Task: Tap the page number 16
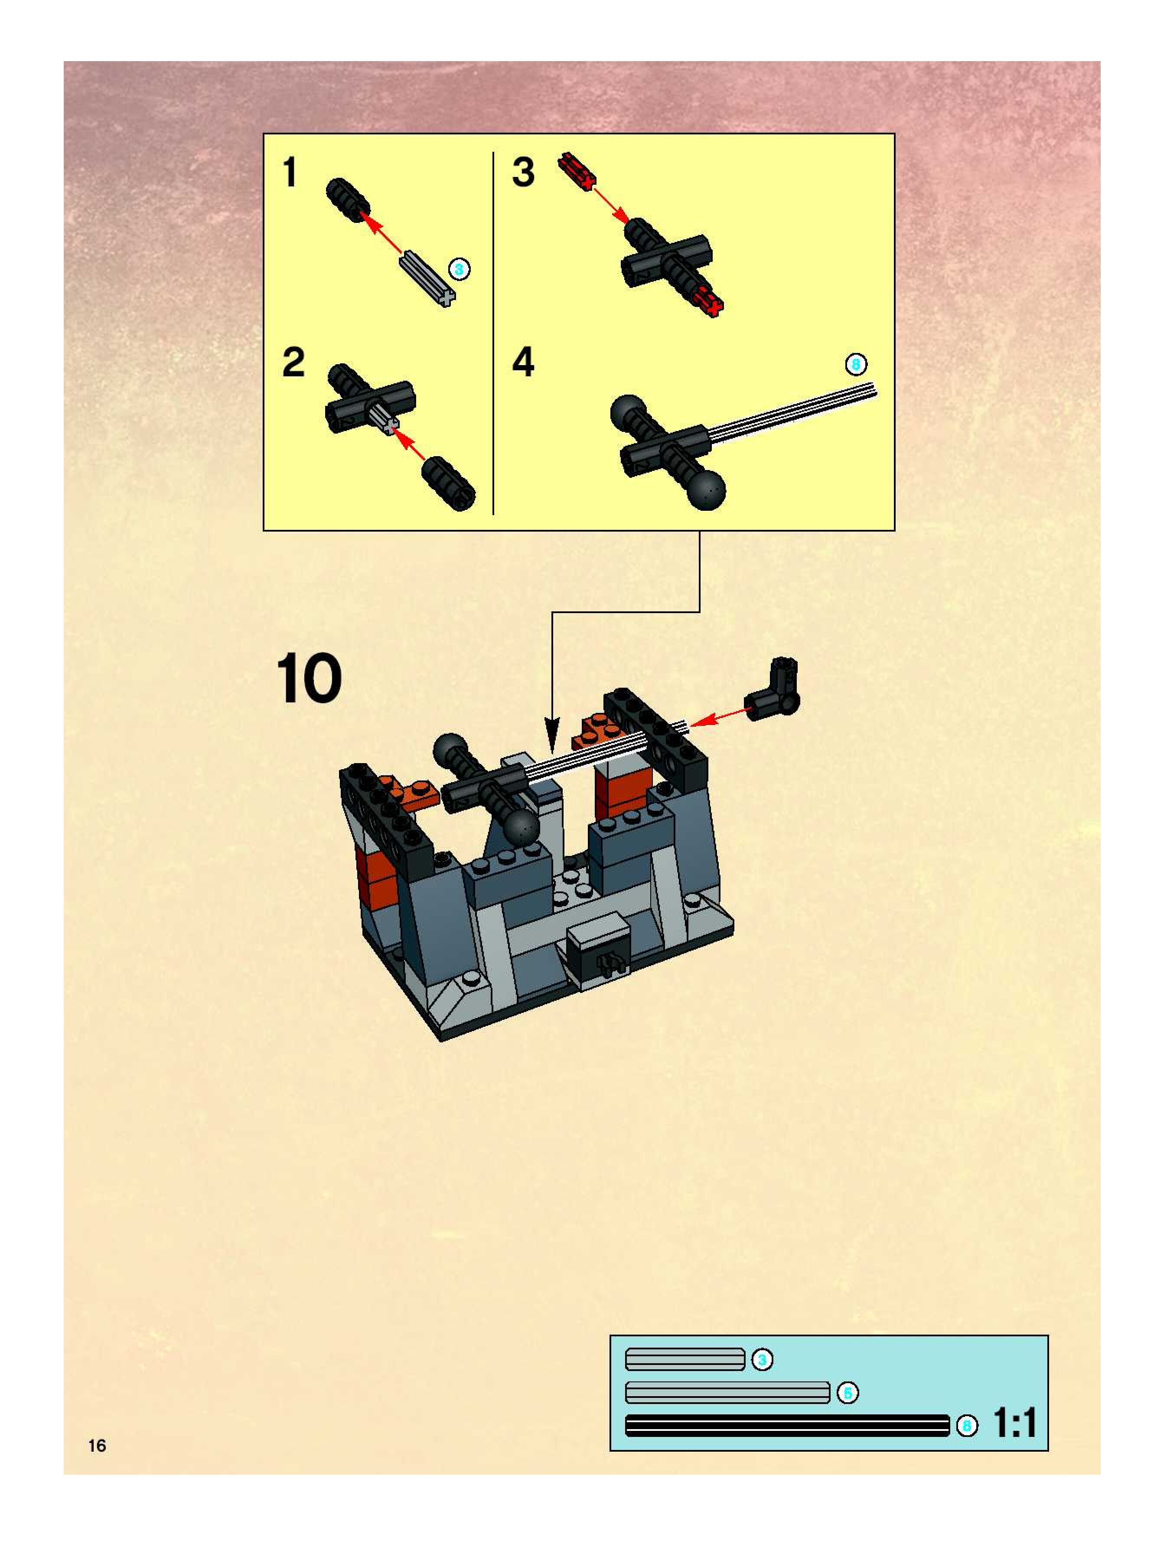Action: coord(97,1446)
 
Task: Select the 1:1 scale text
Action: coord(1014,1423)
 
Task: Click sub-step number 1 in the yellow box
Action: coord(290,172)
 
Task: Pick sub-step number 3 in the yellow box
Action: coord(523,172)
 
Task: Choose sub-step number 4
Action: coord(523,362)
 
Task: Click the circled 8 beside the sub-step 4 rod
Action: coord(856,364)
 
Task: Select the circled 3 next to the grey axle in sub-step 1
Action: coord(459,269)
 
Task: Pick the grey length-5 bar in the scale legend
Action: coord(727,1393)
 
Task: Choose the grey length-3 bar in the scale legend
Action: coord(685,1359)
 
